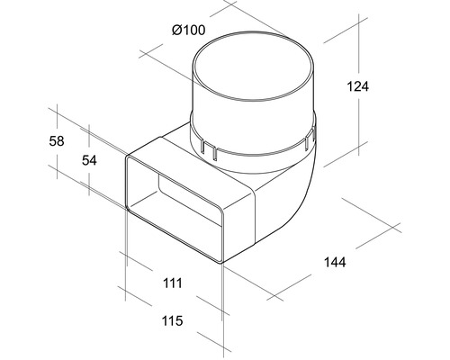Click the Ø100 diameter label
(187, 31)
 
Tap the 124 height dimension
(357, 86)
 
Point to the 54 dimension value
(90, 160)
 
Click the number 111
(173, 283)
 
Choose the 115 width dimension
(173, 321)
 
